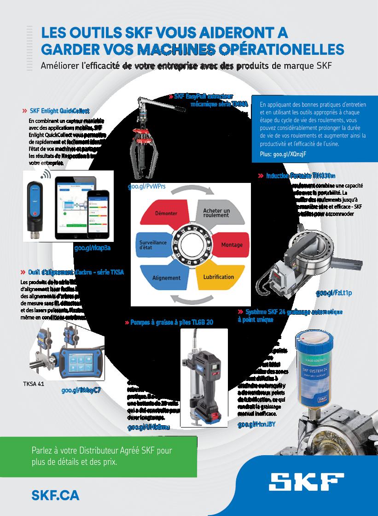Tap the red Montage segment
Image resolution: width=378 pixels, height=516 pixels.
pyautogui.click(x=229, y=245)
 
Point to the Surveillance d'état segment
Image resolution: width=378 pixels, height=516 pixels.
pyautogui.click(x=150, y=244)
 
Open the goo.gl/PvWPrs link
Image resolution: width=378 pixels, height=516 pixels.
pyautogui.click(x=147, y=187)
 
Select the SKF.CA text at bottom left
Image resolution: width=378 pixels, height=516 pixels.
pyautogui.click(x=55, y=495)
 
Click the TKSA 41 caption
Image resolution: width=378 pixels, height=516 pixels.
pyautogui.click(x=33, y=383)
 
